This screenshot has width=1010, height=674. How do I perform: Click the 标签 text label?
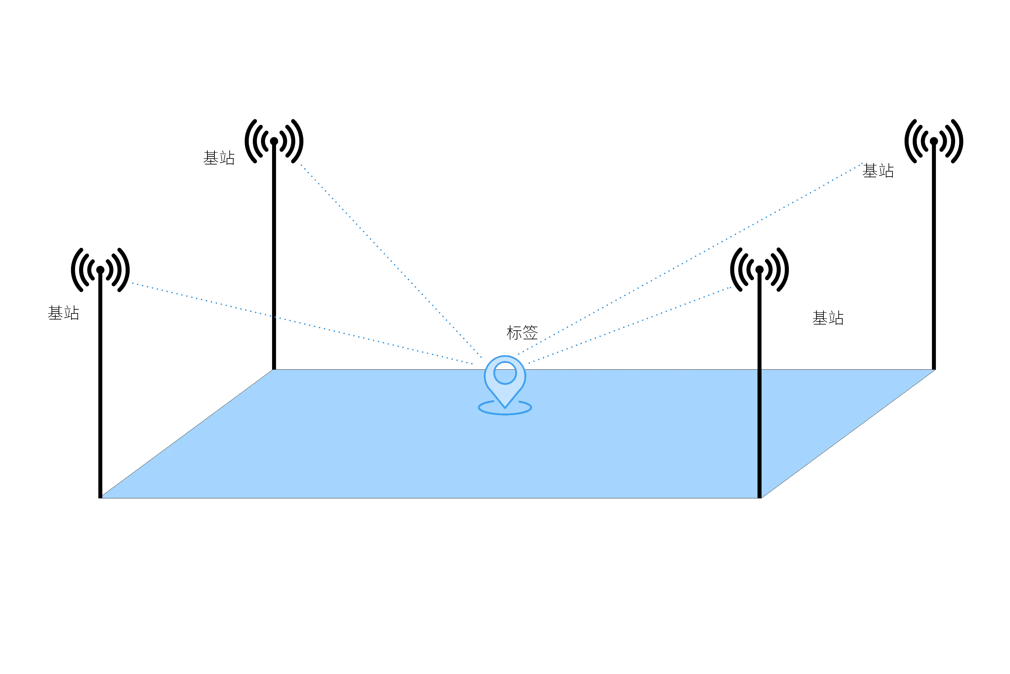tap(522, 333)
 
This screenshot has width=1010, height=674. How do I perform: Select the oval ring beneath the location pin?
tap(505, 414)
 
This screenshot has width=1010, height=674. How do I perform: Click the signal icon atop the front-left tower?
tap(100, 270)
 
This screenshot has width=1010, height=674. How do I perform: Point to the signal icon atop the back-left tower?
tap(274, 141)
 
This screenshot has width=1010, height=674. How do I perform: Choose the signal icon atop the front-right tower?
tap(759, 270)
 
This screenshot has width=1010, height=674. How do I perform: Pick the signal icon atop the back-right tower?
tap(934, 141)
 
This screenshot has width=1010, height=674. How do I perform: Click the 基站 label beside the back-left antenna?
tap(219, 158)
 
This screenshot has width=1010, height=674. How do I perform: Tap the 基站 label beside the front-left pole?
tap(64, 313)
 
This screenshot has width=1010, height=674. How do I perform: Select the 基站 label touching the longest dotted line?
tap(878, 171)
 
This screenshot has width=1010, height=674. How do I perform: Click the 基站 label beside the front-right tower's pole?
tap(828, 318)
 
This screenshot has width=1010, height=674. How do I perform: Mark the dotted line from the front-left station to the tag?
tap(302, 324)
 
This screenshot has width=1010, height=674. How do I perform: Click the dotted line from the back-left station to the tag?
tap(391, 261)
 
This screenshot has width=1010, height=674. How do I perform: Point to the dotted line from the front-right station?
tap(630, 326)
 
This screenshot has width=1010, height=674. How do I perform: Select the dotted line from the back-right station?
tap(690, 259)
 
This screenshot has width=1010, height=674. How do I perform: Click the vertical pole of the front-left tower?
tap(100, 385)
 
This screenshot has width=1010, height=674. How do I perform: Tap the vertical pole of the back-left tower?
tap(274, 256)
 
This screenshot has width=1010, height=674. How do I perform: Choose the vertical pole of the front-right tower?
tap(759, 385)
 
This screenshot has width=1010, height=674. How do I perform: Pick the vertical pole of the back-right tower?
tap(934, 256)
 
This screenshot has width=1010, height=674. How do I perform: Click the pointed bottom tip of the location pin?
tap(505, 407)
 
